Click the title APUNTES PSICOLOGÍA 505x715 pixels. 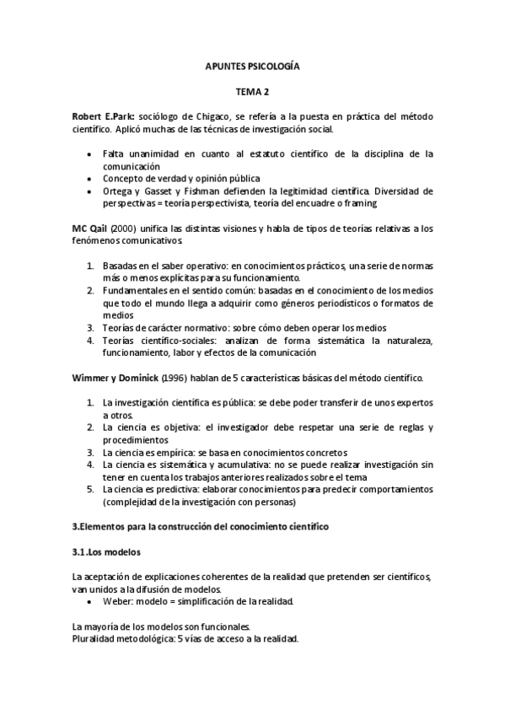click(252, 65)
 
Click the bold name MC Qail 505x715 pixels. click(89, 230)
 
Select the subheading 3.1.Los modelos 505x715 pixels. click(107, 552)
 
